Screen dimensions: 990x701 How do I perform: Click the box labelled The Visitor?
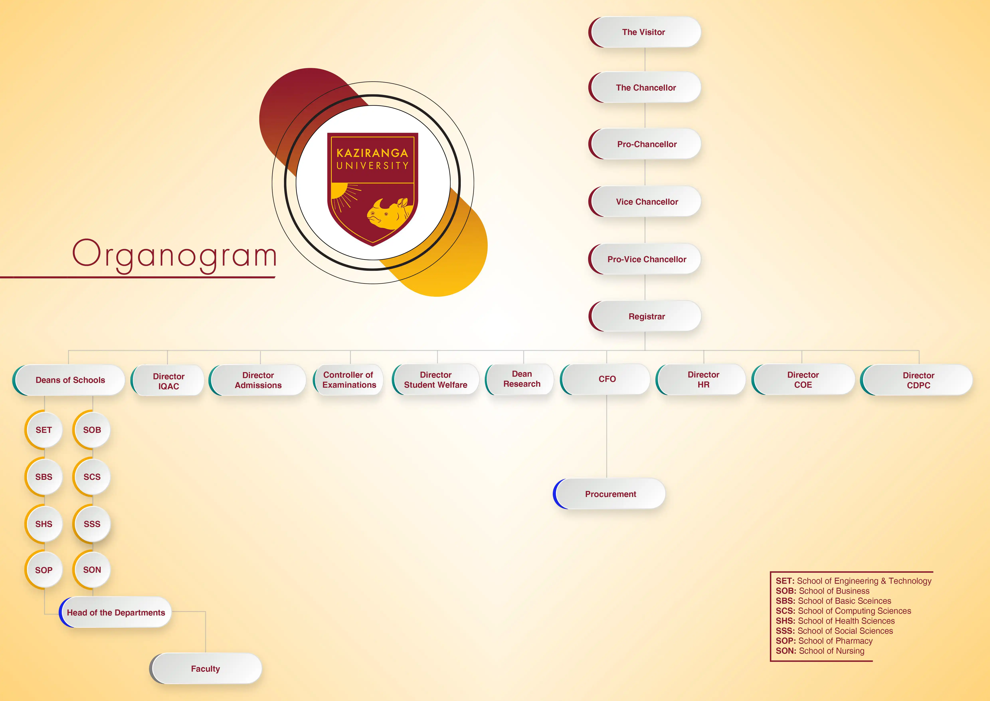click(645, 32)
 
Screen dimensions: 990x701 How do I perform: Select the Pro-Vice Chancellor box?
click(645, 259)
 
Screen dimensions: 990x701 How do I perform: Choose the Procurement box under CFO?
click(609, 494)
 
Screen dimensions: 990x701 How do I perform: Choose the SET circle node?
click(44, 430)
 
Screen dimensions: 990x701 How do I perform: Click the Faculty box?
click(206, 669)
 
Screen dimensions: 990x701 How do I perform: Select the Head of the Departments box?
click(115, 612)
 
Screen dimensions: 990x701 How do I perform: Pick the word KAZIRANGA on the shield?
click(372, 153)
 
